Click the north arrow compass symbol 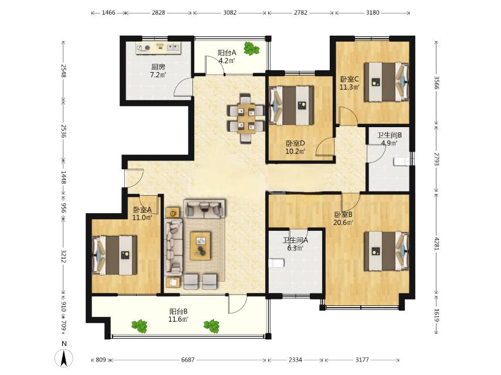click(64, 357)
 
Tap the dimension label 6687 click(188, 360)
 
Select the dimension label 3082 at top click(230, 12)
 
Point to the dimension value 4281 click(436, 242)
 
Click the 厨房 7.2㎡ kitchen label click(158, 71)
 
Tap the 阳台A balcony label click(227, 56)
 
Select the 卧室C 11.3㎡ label click(350, 83)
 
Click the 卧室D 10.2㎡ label click(295, 147)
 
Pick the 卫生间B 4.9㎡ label click(390, 139)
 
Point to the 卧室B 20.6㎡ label click(343, 219)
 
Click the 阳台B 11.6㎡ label click(178, 315)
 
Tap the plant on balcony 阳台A click(252, 49)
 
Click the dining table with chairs click(246, 118)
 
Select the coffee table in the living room click(200, 246)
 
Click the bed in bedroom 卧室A click(114, 255)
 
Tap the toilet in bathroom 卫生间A click(277, 263)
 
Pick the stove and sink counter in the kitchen click(158, 48)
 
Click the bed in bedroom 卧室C click(387, 81)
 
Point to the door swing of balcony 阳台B click(238, 304)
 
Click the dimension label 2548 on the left click(63, 71)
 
